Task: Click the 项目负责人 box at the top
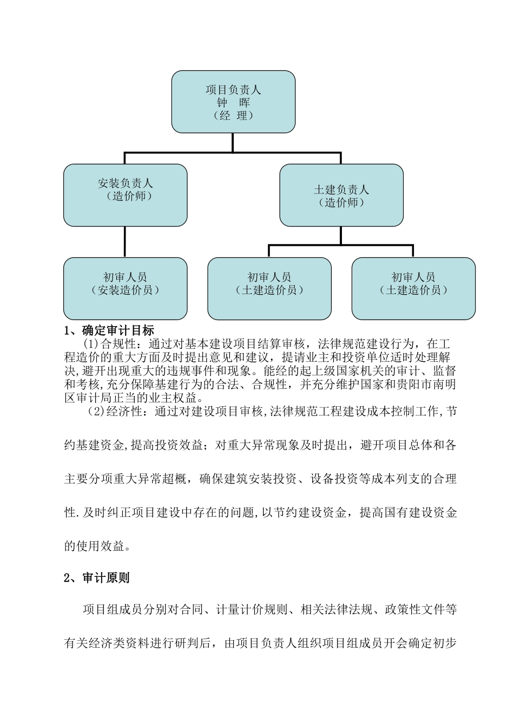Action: [233, 102]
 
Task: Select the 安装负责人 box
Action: [125, 195]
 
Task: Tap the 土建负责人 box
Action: [341, 195]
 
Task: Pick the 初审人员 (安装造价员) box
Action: [125, 289]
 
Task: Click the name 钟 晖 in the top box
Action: [233, 102]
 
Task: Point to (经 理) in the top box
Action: [233, 115]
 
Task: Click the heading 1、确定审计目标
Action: [109, 330]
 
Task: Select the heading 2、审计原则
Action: [97, 578]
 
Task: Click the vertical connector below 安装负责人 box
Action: [125, 242]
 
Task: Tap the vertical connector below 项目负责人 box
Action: [233, 142]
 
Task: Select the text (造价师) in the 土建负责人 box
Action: [341, 203]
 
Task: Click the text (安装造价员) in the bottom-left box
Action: [125, 290]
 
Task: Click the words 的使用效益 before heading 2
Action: [95, 546]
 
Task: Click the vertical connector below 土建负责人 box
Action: [341, 235]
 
